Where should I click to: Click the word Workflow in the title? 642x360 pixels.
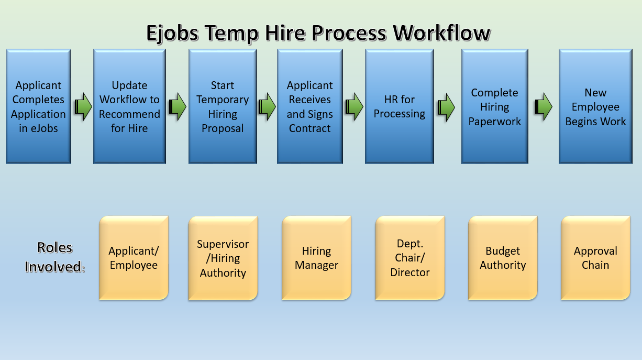click(441, 32)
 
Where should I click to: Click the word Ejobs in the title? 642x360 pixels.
click(172, 33)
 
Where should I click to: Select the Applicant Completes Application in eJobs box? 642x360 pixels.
click(38, 106)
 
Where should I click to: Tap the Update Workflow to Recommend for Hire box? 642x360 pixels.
click(129, 106)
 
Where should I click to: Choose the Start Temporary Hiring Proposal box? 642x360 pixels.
click(223, 106)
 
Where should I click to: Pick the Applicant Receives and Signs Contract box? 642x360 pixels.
click(310, 106)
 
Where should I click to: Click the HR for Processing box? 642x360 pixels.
click(400, 106)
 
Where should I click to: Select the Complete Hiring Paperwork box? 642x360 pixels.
click(495, 106)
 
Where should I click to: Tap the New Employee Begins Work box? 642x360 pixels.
click(595, 106)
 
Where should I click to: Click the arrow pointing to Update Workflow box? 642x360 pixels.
click(83, 107)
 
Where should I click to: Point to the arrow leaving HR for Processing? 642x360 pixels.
click(446, 107)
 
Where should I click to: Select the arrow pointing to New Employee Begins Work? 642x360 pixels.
click(544, 107)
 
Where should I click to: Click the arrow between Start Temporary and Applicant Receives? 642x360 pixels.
click(267, 107)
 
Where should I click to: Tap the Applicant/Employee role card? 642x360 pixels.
click(134, 258)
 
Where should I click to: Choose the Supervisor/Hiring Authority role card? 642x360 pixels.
click(223, 258)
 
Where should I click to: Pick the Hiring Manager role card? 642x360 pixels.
click(316, 258)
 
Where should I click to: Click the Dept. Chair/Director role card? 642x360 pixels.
click(410, 258)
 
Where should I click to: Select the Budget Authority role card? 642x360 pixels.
click(503, 258)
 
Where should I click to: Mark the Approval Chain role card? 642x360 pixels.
click(595, 258)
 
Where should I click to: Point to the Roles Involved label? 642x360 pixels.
click(55, 257)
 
